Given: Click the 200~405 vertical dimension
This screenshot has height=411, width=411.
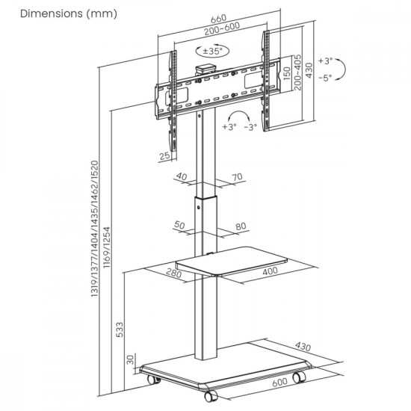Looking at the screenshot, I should pyautogui.click(x=297, y=72).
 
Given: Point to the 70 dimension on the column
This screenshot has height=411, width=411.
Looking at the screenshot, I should pyautogui.click(x=238, y=177).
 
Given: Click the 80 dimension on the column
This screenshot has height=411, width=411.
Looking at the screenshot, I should pyautogui.click(x=240, y=225).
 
